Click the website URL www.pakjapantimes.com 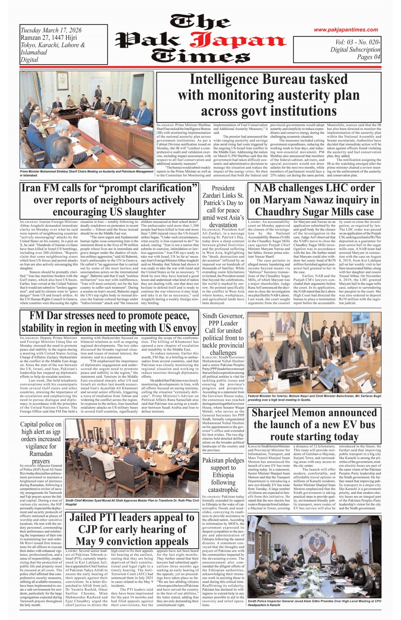(x=346, y=30)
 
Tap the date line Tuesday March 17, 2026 (x=51, y=30)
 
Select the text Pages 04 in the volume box (x=369, y=57)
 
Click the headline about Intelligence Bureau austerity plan (x=269, y=95)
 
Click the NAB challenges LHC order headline (x=314, y=200)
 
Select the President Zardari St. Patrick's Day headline (x=223, y=206)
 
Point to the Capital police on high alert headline (x=41, y=443)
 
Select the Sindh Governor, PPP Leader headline (x=223, y=334)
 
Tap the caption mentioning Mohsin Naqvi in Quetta (x=314, y=398)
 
